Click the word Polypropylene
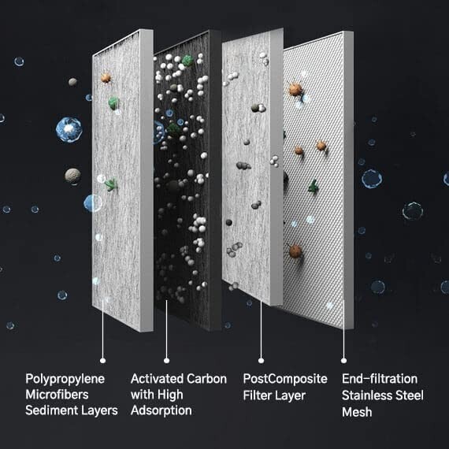click(65, 380)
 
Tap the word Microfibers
click(57, 395)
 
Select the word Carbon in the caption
click(206, 379)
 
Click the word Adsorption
click(161, 411)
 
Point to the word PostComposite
click(285, 379)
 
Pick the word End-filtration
click(380, 379)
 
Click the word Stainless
click(367, 395)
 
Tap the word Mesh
click(357, 412)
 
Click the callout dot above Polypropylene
click(103, 361)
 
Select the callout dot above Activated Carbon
click(167, 361)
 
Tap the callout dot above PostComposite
click(261, 361)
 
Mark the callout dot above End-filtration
click(343, 361)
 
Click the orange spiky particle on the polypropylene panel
click(106, 77)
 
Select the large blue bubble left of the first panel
click(69, 129)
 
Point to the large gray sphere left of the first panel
click(72, 176)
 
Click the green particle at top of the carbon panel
click(187, 61)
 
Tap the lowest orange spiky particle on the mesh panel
click(295, 251)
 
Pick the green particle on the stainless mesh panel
click(314, 187)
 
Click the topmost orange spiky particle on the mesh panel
click(295, 89)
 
